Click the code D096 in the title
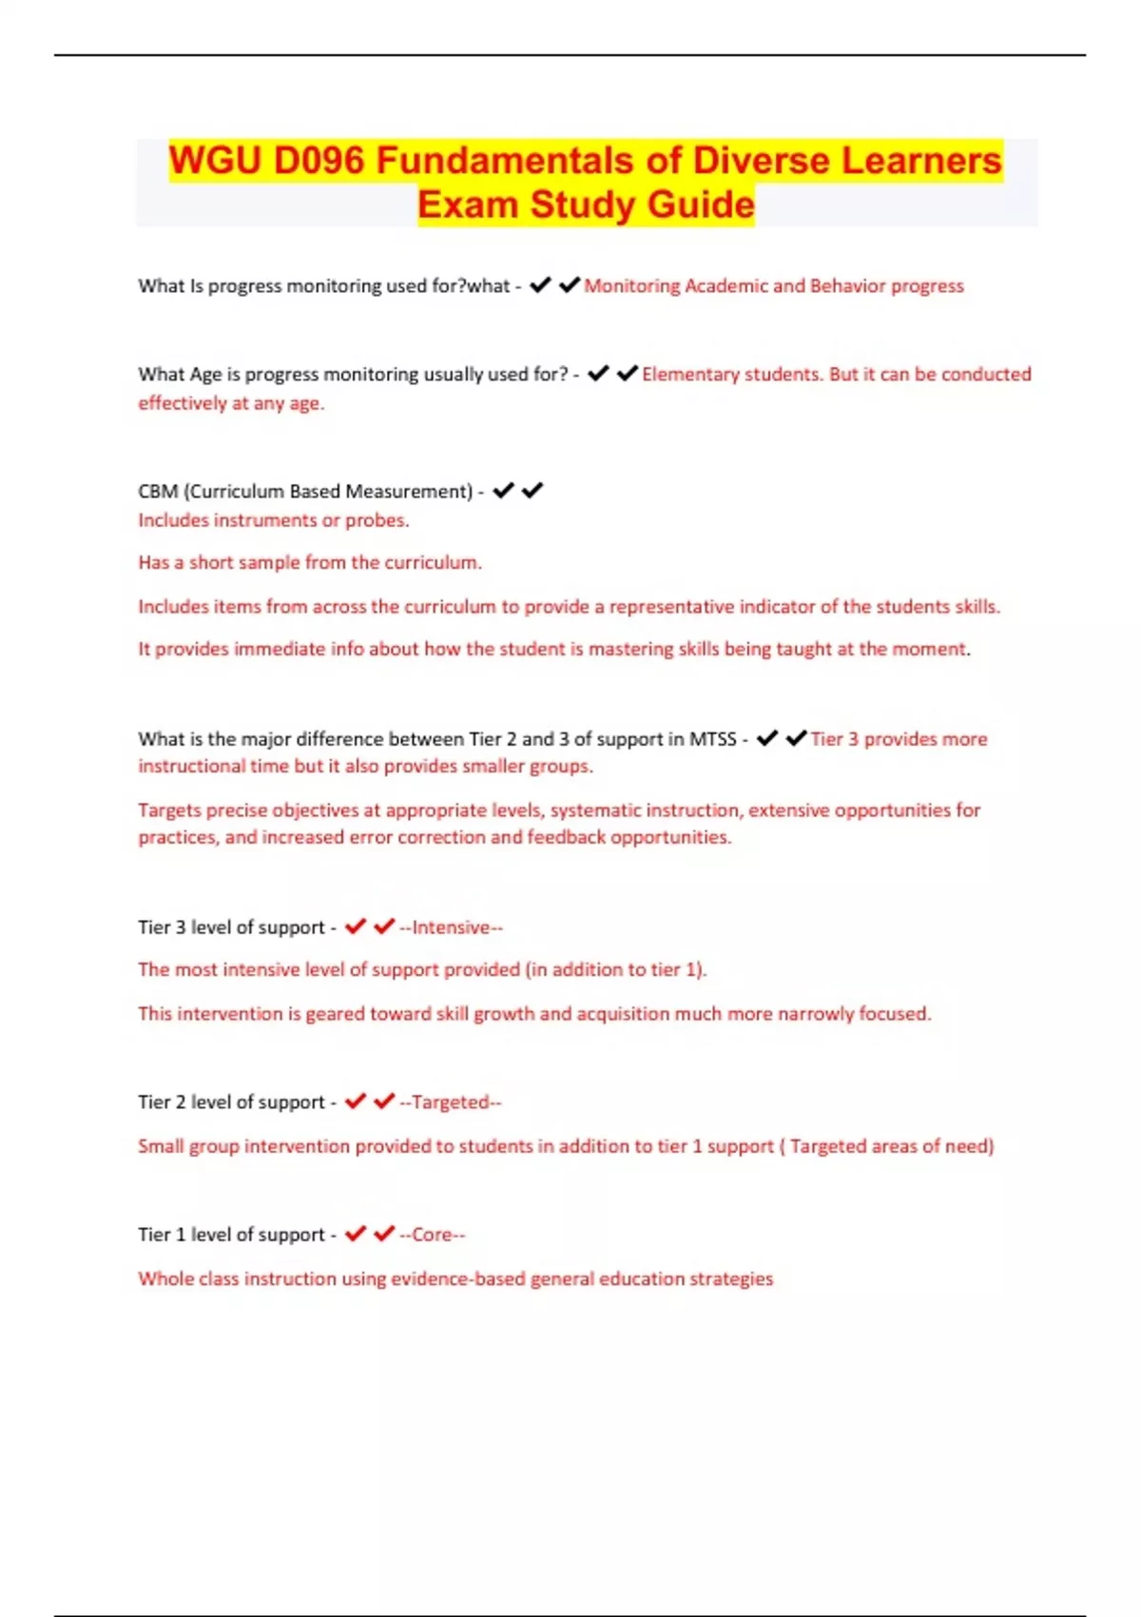319,161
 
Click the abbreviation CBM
158,492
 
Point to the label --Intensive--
452,927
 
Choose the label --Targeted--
451,1102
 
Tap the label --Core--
433,1235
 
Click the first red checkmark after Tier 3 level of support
356,926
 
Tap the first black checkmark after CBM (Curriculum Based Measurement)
503,491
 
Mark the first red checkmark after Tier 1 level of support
356,1234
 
